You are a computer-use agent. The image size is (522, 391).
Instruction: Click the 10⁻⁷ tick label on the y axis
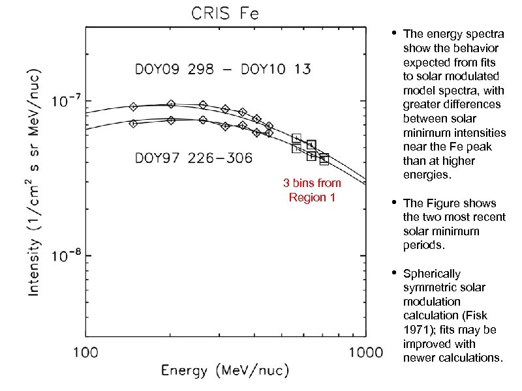67,102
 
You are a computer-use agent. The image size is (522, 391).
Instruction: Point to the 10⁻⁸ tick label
67,256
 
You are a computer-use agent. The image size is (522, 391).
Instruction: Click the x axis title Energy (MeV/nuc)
224,371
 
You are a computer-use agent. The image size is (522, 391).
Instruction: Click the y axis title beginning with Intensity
35,175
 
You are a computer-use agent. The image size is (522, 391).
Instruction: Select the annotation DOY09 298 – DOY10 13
223,69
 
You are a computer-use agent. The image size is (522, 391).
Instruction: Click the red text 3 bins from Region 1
312,190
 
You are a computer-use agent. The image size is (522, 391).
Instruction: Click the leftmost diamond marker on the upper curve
133,106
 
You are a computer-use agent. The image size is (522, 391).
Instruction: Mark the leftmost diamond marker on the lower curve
133,123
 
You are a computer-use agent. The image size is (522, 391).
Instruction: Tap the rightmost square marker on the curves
324,158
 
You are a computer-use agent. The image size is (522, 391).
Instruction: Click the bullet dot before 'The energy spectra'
394,33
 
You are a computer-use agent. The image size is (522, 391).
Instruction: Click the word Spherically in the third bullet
431,274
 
